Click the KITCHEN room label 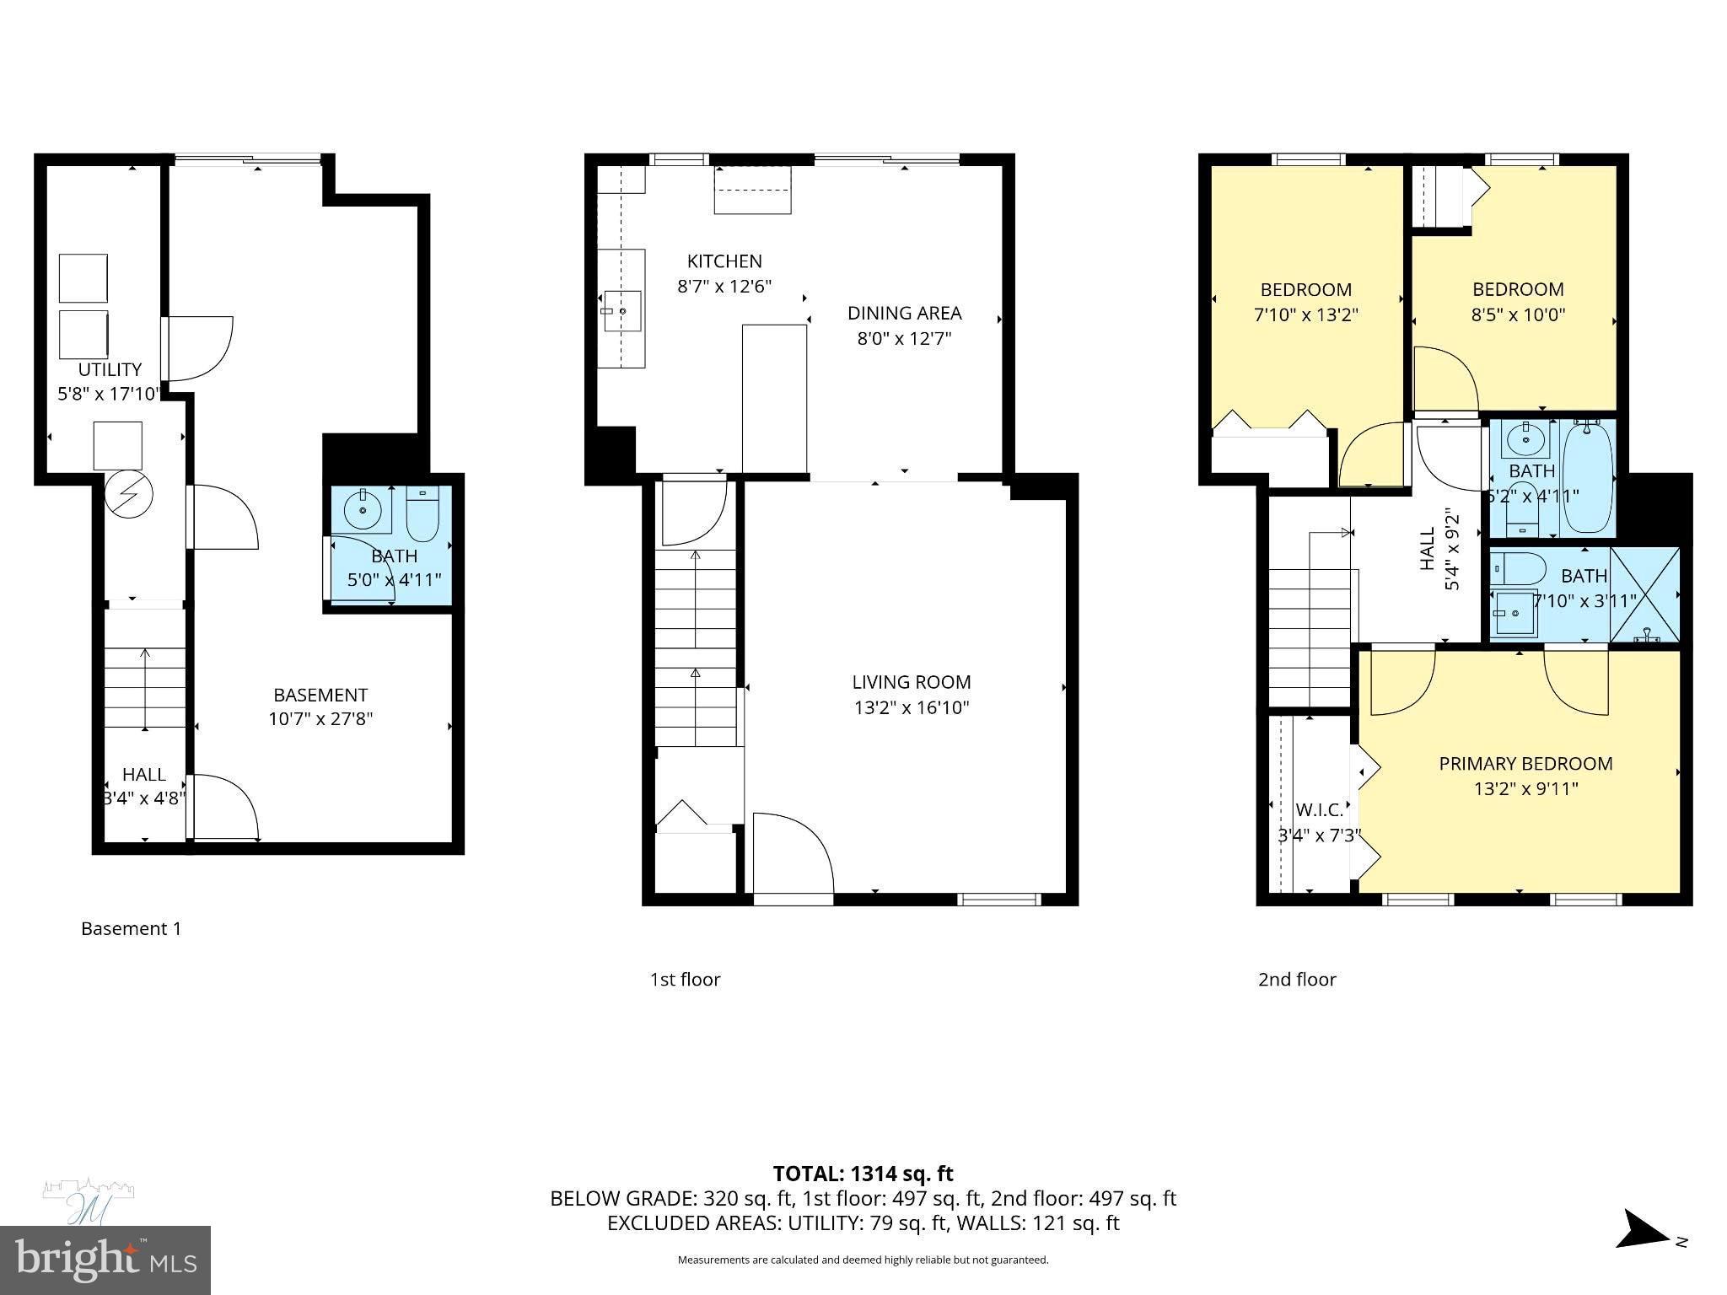pos(724,261)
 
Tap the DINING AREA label pos(904,314)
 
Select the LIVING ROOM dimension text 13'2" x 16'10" pos(911,707)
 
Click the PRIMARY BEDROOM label pos(1525,764)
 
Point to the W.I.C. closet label pos(1319,810)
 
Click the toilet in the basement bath pos(422,515)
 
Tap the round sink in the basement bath pos(363,509)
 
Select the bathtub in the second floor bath pos(1588,478)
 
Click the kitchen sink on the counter pos(621,312)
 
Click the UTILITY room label pos(110,369)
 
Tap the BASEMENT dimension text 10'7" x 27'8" pos(320,719)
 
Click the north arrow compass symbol pos(1642,1252)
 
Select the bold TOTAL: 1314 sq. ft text pos(863,1174)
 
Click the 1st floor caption pos(685,980)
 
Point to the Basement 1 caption pos(131,929)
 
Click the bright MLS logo pos(105,1260)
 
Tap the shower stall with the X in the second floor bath pos(1644,594)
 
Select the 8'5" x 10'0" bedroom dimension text pos(1518,315)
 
